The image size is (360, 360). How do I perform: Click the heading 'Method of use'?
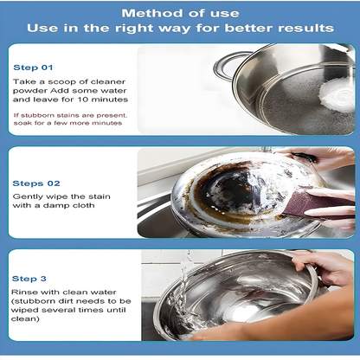[x=179, y=13]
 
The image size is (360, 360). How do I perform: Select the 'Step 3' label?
[x=29, y=279]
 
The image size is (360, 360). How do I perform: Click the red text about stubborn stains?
[x=68, y=118]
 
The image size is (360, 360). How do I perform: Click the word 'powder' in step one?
[x=30, y=90]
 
